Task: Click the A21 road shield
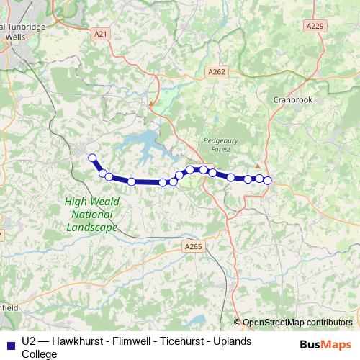[101, 33]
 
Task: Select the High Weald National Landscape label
[91, 215]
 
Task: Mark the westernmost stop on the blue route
[91, 158]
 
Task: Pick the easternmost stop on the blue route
[267, 180]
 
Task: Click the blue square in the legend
[9, 343]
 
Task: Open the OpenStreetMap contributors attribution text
[297, 323]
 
